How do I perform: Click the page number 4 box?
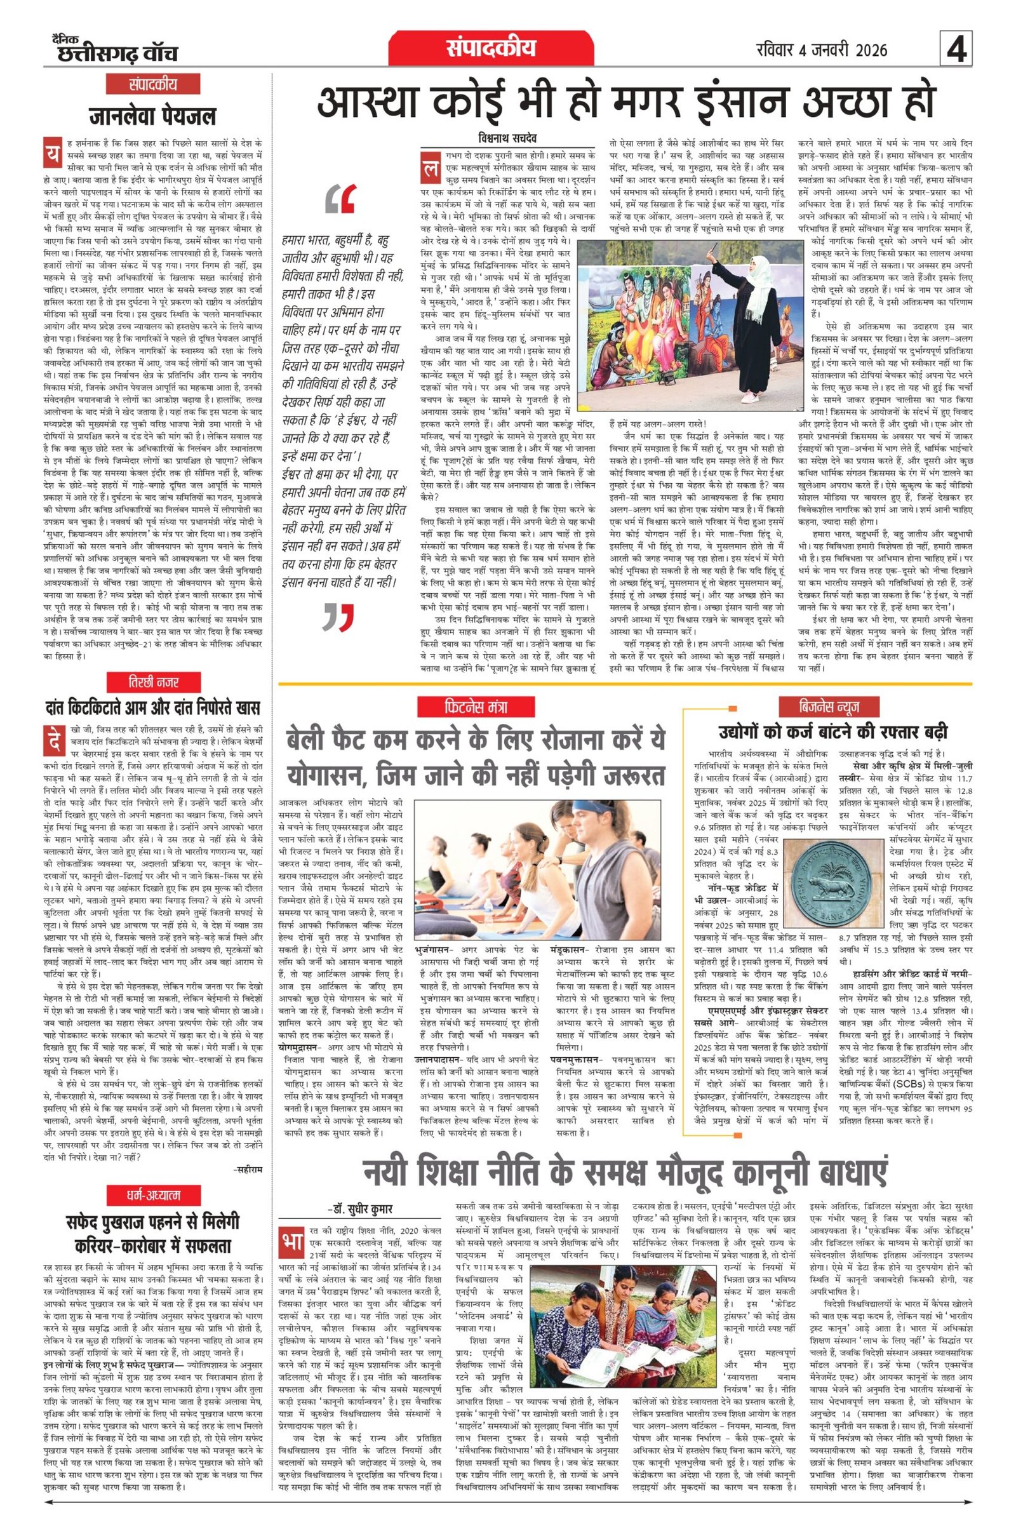point(956,50)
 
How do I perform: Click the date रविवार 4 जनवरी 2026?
point(822,50)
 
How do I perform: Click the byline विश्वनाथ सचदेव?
point(507,138)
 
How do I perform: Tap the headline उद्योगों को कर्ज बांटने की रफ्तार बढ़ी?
point(832,732)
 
